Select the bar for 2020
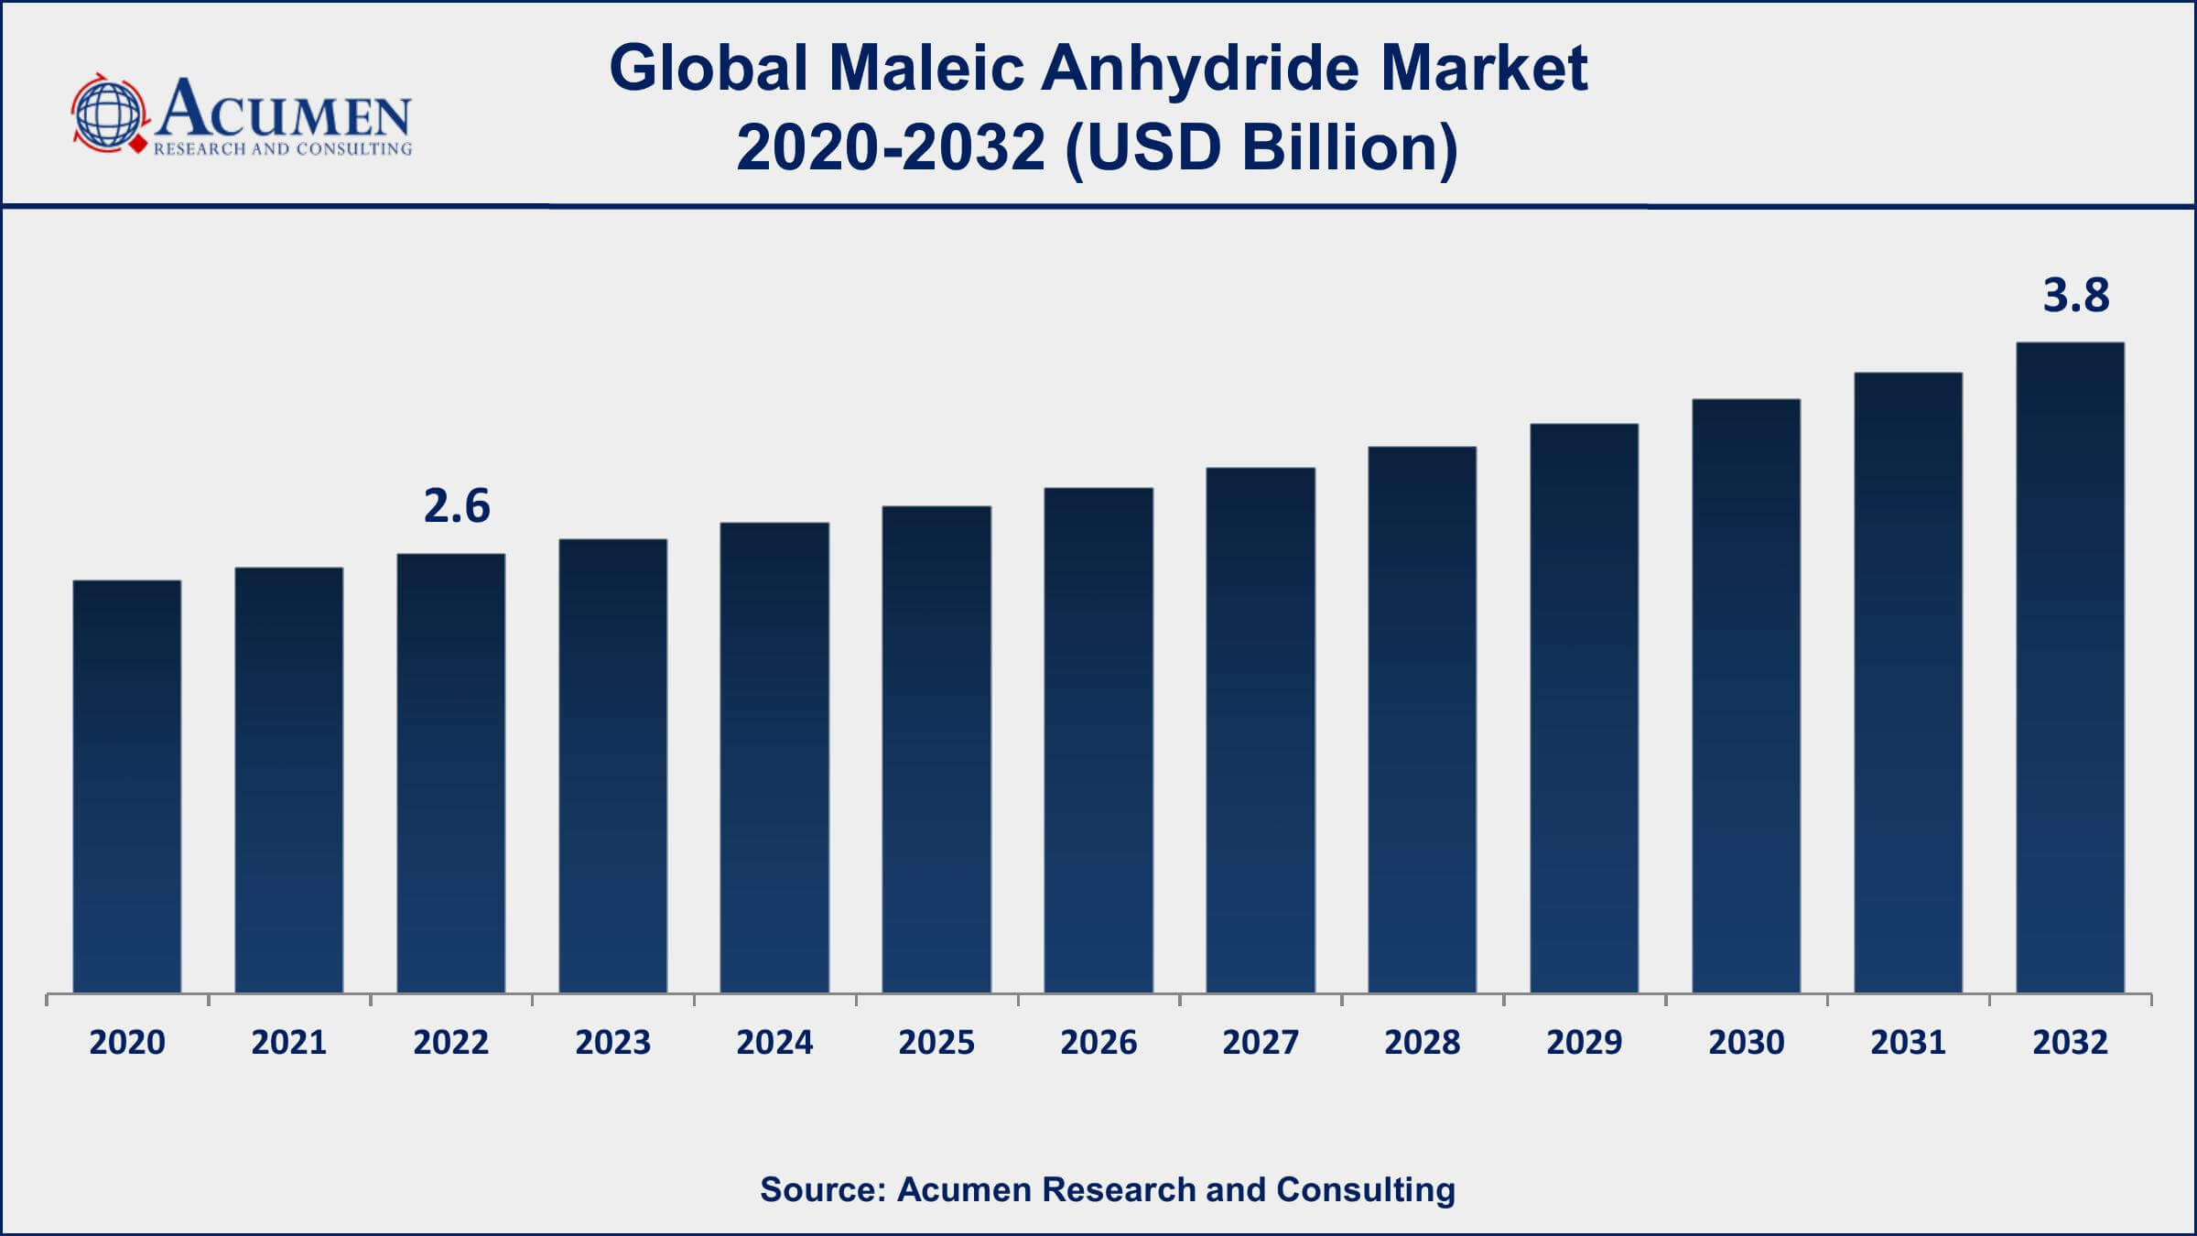pos(127,786)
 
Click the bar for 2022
pos(450,774)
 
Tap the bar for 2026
pos(1098,741)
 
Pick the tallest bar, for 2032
pos(2070,667)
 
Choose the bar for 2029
pos(1584,709)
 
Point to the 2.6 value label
pos(457,506)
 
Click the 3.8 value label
pos(2076,296)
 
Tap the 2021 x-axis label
pos(289,1043)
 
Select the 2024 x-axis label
pos(774,1043)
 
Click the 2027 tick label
pos(1261,1043)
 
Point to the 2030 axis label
pos(1746,1043)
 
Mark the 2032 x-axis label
pos(2070,1043)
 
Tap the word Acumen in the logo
pos(284,110)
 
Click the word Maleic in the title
pos(925,69)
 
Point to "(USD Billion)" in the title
pos(1261,148)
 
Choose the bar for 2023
pos(612,766)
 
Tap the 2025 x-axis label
pos(936,1043)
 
